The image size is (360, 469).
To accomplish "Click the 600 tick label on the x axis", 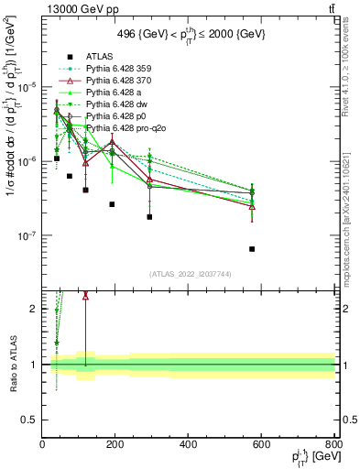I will (261, 445).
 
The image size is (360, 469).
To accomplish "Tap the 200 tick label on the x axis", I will (115, 445).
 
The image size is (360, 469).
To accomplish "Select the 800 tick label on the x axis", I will (333, 445).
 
